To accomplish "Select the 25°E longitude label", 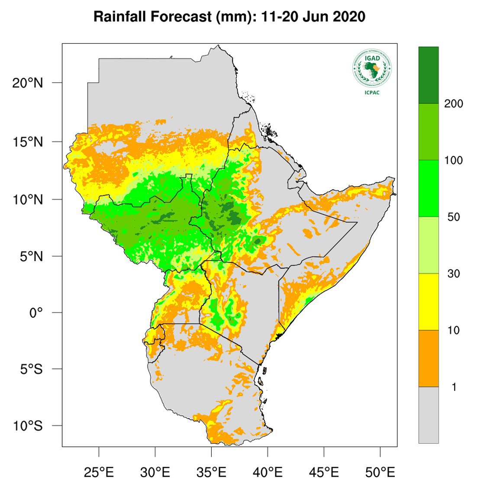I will pyautogui.click(x=99, y=471).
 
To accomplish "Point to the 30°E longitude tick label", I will pyautogui.click(x=155, y=471).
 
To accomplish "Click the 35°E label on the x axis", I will pyautogui.click(x=211, y=471).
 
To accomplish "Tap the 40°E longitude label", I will pyautogui.click(x=268, y=471).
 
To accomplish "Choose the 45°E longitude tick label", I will pyautogui.click(x=324, y=471).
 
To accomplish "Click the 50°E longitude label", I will pyautogui.click(x=380, y=471).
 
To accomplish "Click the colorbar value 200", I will pyautogui.click(x=453, y=104).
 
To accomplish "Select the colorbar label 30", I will pyautogui.click(x=453, y=274).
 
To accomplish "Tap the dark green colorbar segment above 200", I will pyautogui.click(x=428, y=75).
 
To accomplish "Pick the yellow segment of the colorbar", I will pyautogui.click(x=428, y=302).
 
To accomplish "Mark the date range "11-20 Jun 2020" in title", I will pyautogui.click(x=313, y=17).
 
